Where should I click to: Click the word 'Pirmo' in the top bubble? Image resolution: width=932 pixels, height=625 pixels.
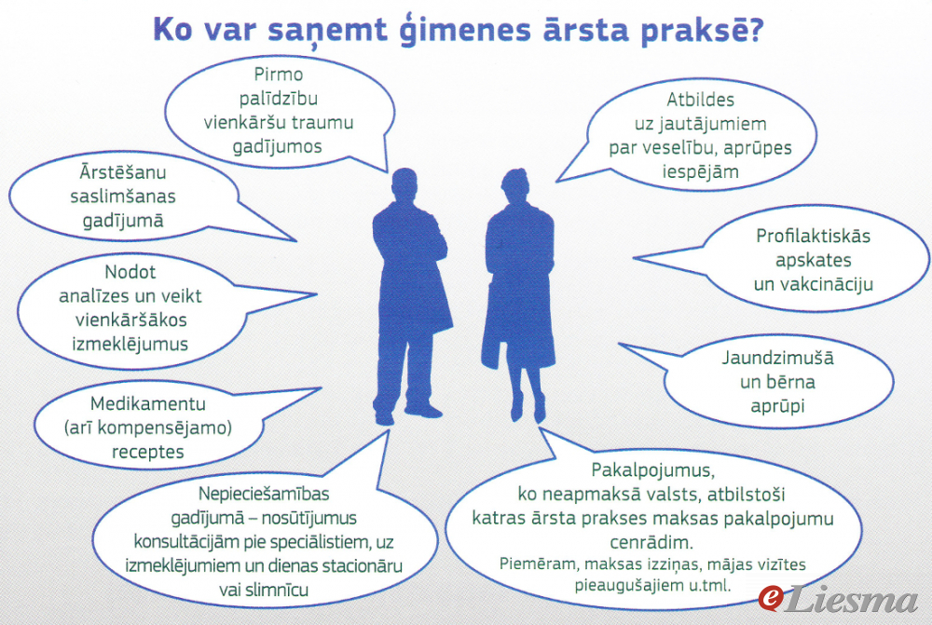[x=278, y=75]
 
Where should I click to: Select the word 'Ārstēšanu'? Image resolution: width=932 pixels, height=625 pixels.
[x=123, y=171]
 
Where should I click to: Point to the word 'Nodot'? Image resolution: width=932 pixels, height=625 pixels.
[x=130, y=271]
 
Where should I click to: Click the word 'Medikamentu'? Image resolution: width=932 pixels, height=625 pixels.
[x=148, y=403]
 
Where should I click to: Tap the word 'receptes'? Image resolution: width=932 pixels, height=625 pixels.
[x=148, y=452]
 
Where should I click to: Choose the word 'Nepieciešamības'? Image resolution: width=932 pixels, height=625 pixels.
[x=264, y=494]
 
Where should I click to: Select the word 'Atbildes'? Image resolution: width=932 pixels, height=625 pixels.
[x=700, y=100]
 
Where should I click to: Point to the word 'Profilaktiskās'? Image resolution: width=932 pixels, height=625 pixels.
[x=813, y=236]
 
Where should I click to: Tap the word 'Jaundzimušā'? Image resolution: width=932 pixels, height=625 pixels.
[x=777, y=358]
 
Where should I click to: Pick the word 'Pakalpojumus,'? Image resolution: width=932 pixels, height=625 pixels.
[x=652, y=470]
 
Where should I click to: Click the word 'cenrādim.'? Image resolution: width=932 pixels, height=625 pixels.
[x=651, y=542]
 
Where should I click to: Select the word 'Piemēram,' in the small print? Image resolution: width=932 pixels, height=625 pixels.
[x=539, y=564]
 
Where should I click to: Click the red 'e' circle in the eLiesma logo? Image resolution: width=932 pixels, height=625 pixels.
[x=772, y=598]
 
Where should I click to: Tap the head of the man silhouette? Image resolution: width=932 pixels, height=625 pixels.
[x=404, y=184]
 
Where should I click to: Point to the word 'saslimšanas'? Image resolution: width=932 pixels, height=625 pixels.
[x=123, y=196]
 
